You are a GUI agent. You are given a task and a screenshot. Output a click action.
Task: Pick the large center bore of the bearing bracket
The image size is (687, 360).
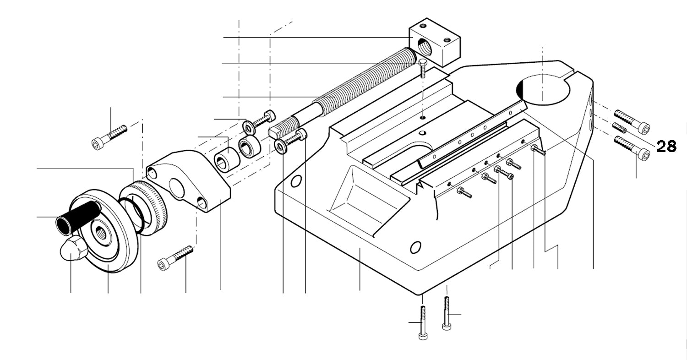point(177,188)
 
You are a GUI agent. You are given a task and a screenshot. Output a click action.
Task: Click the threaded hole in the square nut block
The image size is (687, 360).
point(421,47)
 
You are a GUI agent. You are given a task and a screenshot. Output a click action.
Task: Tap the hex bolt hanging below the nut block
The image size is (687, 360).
point(422,68)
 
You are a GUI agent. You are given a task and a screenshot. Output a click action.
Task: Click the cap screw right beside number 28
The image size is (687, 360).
point(632,147)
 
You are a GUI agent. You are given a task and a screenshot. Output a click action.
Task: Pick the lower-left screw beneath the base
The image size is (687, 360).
point(423,323)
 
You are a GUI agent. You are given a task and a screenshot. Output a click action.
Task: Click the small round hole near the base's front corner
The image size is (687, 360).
point(415,248)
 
